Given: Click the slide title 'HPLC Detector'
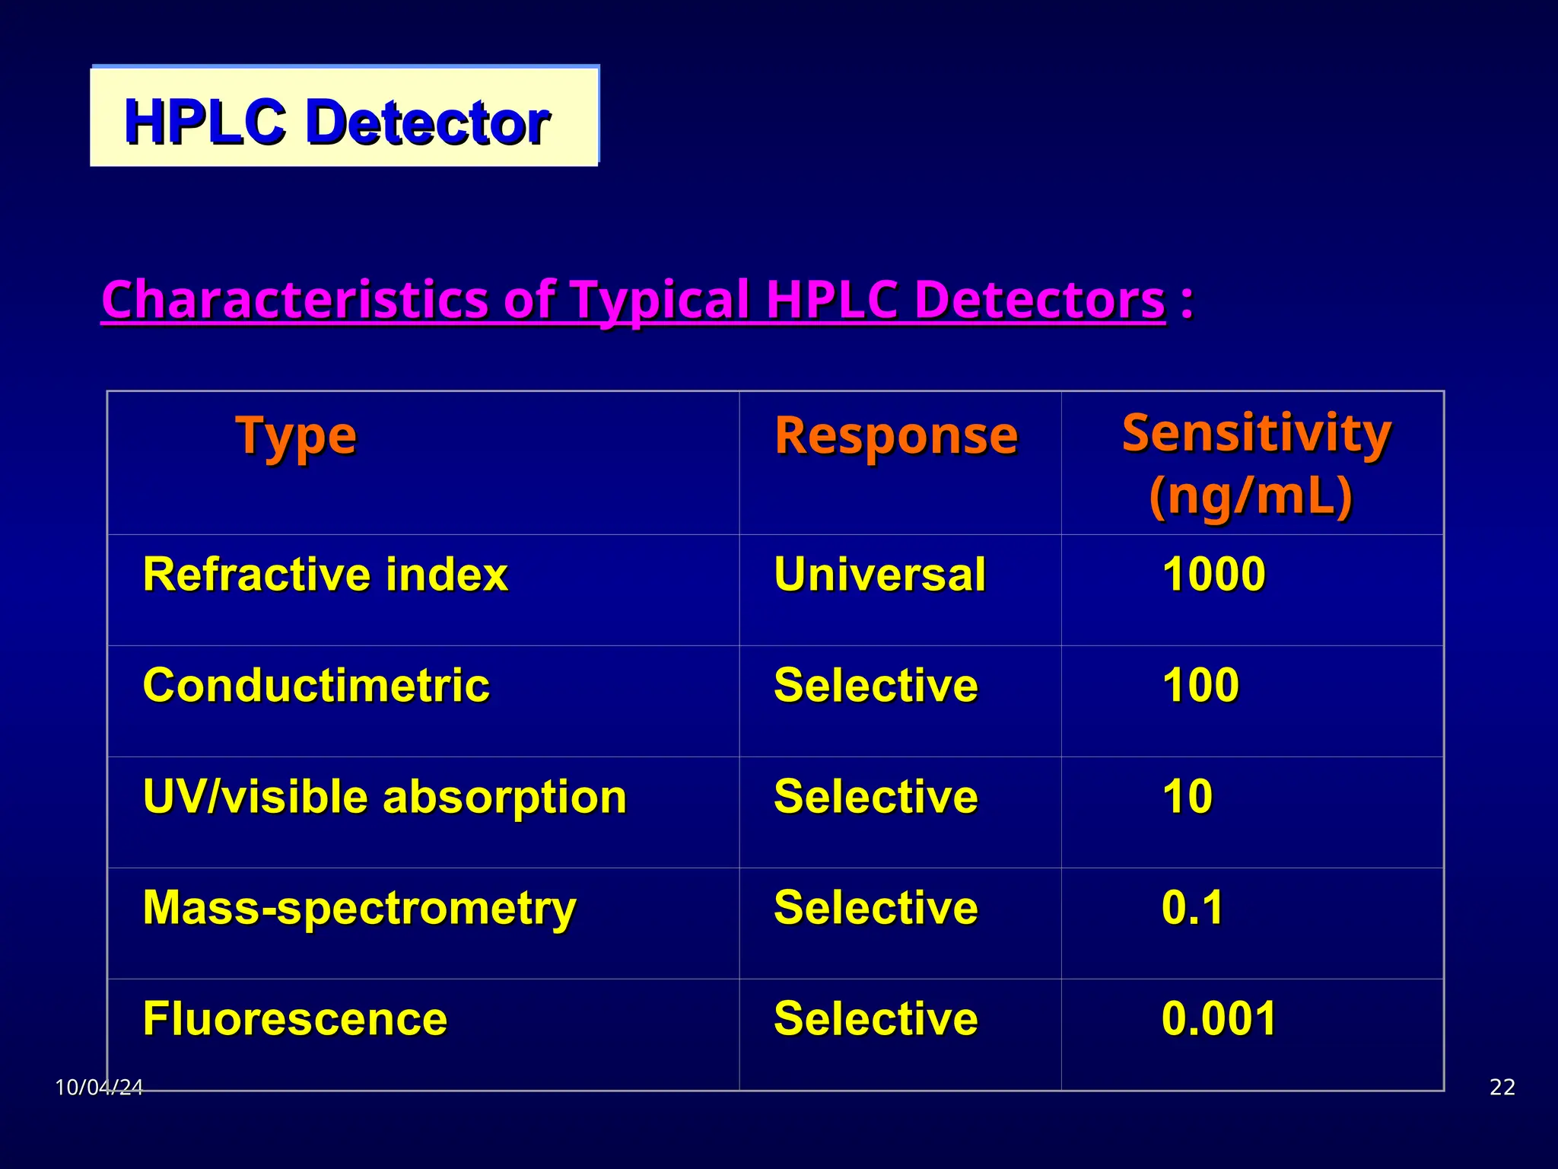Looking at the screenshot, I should click(x=336, y=122).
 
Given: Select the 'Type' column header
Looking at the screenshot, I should click(x=295, y=436).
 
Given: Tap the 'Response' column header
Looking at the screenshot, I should click(x=895, y=436).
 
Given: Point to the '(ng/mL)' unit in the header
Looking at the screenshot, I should click(x=1251, y=496).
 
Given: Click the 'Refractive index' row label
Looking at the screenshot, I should click(x=325, y=574).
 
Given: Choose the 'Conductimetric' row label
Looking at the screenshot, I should click(x=316, y=685).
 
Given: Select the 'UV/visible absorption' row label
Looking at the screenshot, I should click(x=384, y=797).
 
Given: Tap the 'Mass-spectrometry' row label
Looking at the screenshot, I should click(x=359, y=908).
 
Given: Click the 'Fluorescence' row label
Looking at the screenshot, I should click(x=295, y=1019).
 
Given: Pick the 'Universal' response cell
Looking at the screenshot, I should click(x=879, y=574).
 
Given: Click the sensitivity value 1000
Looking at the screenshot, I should click(x=1213, y=574).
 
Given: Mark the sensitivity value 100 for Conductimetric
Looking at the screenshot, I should click(x=1200, y=685).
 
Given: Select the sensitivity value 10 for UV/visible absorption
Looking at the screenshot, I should click(x=1187, y=797).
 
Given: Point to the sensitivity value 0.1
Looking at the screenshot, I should click(x=1192, y=908).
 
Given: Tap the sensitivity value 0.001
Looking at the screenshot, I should click(x=1219, y=1019).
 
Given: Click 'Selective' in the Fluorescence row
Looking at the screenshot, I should click(x=876, y=1019).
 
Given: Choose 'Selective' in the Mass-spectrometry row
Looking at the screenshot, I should click(x=876, y=908).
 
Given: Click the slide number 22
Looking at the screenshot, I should click(x=1502, y=1088).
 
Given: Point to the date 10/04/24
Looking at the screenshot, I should click(x=99, y=1088).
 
